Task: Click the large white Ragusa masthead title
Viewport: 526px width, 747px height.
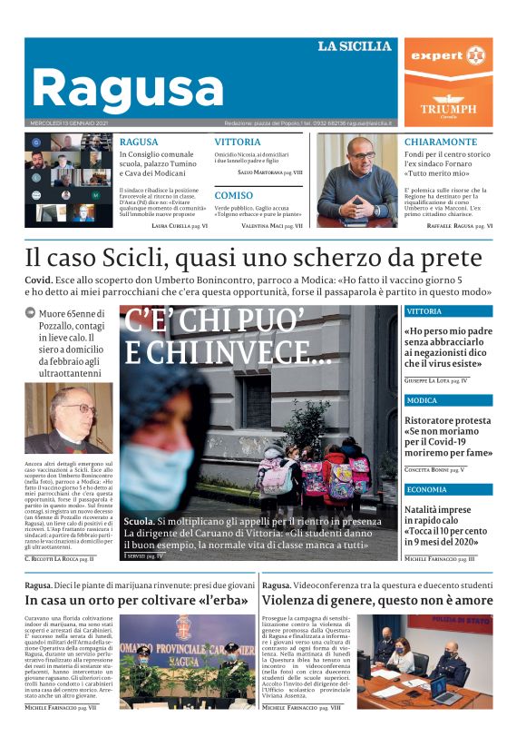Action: tap(127, 89)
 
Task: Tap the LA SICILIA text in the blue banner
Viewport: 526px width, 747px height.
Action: tap(354, 46)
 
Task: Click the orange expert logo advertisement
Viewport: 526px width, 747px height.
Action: tap(448, 56)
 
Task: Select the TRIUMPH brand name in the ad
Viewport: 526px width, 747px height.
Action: tap(448, 109)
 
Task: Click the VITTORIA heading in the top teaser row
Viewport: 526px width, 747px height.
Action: tap(238, 143)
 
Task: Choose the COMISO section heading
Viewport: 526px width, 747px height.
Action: tap(234, 195)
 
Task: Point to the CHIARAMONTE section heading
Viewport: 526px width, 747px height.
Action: tap(440, 143)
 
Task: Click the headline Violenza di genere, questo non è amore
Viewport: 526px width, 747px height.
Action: tap(377, 600)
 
